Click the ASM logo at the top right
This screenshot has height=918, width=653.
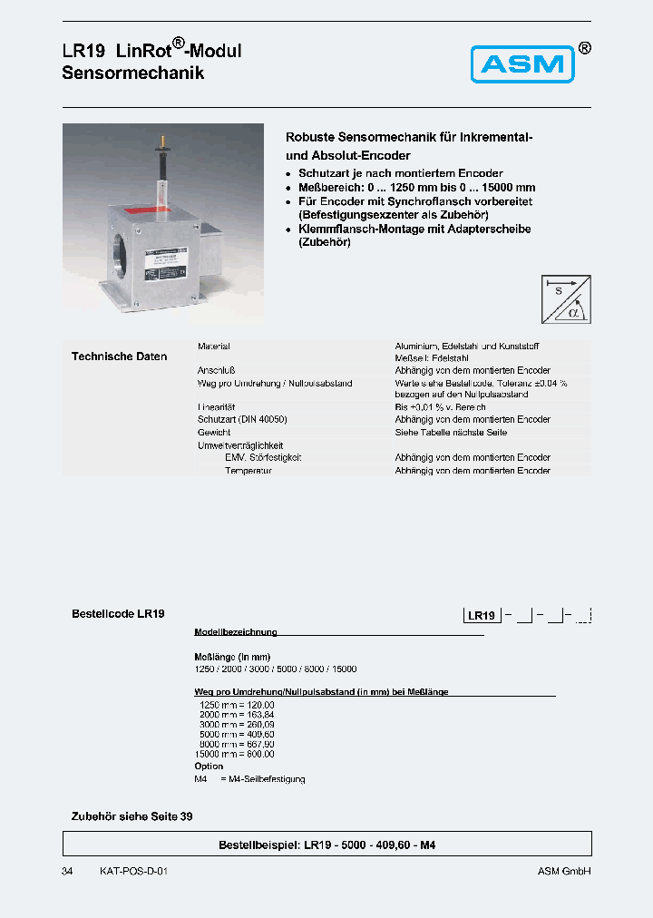(x=522, y=64)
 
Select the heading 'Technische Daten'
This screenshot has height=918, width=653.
(x=119, y=356)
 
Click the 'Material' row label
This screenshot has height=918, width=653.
(x=214, y=347)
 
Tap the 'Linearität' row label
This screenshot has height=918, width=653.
(x=216, y=407)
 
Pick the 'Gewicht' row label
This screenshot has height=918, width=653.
(x=214, y=433)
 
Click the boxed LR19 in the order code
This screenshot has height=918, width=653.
(x=482, y=616)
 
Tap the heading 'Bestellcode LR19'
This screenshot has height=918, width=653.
(x=118, y=614)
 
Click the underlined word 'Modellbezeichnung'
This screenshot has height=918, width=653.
(x=236, y=632)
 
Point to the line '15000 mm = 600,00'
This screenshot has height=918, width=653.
(x=234, y=755)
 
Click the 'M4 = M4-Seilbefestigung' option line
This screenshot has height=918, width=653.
(x=249, y=779)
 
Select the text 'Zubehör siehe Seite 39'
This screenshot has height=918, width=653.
(x=132, y=816)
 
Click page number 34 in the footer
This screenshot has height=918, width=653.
(x=67, y=871)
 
